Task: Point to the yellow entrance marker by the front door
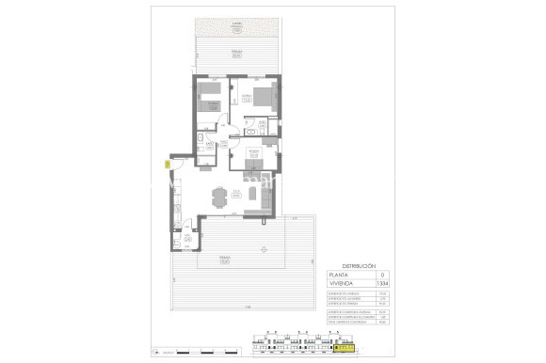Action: pyautogui.click(x=167, y=164)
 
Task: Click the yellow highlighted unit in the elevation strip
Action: pyautogui.click(x=345, y=349)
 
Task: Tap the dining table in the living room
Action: pyautogui.click(x=220, y=197)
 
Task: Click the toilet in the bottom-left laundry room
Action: pyautogui.click(x=186, y=242)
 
